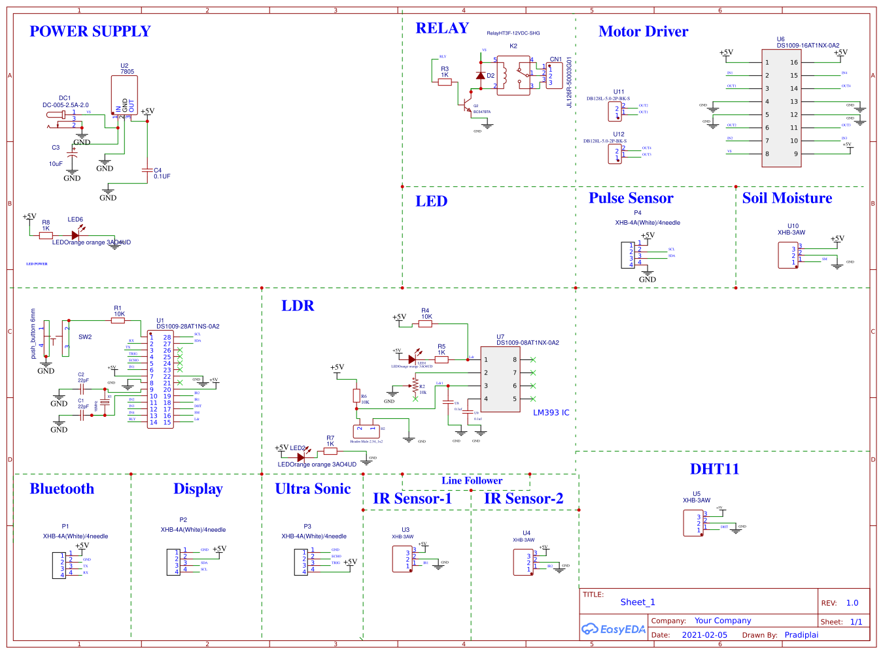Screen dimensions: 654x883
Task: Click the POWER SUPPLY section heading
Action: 90,31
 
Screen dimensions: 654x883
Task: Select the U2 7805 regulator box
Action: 124,95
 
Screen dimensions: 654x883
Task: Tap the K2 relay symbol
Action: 513,76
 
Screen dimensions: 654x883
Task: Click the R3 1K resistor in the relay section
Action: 445,82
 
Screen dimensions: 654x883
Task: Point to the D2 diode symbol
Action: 481,76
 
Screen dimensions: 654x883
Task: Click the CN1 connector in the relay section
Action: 554,75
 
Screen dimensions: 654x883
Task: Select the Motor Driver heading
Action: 643,31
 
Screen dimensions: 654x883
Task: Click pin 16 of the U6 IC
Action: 794,63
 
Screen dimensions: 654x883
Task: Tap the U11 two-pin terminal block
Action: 615,112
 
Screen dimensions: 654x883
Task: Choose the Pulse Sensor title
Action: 631,198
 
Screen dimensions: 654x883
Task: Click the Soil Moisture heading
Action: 787,198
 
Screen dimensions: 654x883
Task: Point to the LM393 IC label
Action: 551,413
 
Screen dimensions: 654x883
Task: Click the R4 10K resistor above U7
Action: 426,323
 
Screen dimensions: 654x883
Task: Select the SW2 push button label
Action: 85,337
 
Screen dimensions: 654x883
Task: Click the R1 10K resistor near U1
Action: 119,320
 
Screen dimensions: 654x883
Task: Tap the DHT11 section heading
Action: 714,469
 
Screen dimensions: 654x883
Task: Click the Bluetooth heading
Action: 62,489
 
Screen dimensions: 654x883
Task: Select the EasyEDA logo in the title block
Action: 614,629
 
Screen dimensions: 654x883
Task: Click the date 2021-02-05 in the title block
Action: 704,635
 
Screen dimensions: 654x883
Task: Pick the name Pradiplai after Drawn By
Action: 801,635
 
